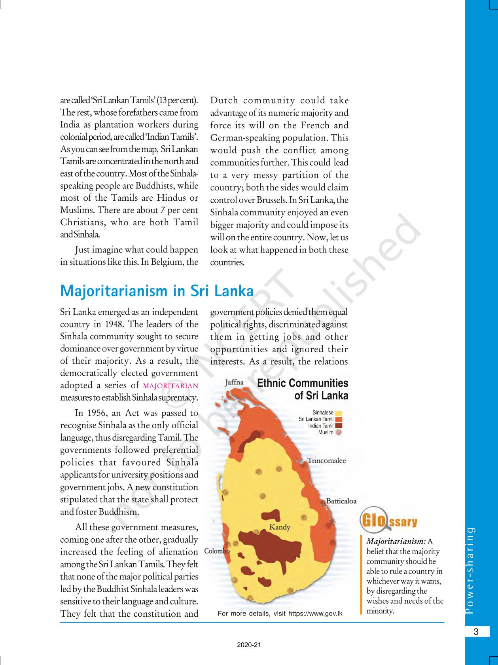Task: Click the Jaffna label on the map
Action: tap(234, 382)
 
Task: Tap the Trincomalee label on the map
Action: tap(326, 461)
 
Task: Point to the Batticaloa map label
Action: tap(341, 501)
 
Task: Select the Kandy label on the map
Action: tap(279, 527)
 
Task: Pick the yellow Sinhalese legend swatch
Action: tap(339, 413)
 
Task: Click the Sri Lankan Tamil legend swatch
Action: tap(339, 420)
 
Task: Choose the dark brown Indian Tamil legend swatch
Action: tap(339, 426)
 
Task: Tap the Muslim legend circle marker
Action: tap(338, 433)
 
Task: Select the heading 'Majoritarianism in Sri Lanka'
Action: tap(157, 291)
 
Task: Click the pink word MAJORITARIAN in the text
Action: tap(170, 386)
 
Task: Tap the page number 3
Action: tap(476, 632)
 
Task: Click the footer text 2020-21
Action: tap(249, 645)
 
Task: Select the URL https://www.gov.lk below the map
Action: tap(315, 614)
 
